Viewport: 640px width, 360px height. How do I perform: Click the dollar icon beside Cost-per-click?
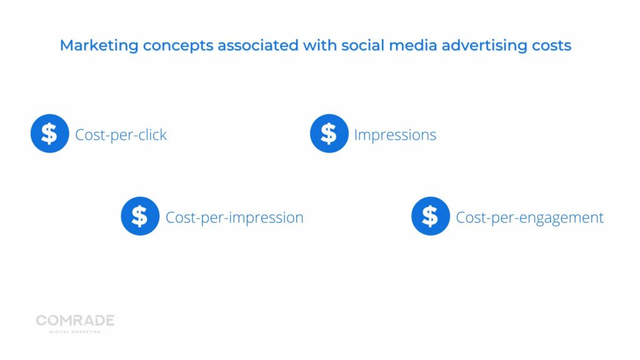tap(50, 134)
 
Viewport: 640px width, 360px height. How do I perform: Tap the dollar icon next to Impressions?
tap(329, 134)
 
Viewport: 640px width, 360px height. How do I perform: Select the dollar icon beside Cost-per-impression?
tap(140, 216)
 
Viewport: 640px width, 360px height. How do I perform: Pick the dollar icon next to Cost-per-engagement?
tap(431, 216)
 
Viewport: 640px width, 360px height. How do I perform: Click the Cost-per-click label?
tap(121, 135)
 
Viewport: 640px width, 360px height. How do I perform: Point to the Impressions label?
tap(395, 135)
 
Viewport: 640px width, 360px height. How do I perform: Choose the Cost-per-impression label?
tap(234, 217)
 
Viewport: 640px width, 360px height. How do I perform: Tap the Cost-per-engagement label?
tap(529, 217)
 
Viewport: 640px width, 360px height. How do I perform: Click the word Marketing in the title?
tap(99, 45)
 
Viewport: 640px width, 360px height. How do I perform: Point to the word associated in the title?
tap(258, 45)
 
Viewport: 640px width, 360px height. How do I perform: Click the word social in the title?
tap(363, 45)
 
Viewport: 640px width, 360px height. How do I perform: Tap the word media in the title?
tap(413, 45)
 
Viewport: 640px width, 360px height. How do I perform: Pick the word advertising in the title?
tap(484, 46)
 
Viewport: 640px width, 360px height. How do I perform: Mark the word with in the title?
tap(320, 45)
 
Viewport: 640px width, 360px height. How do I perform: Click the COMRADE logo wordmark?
tap(75, 321)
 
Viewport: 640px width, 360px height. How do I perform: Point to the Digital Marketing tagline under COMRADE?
tap(75, 332)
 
